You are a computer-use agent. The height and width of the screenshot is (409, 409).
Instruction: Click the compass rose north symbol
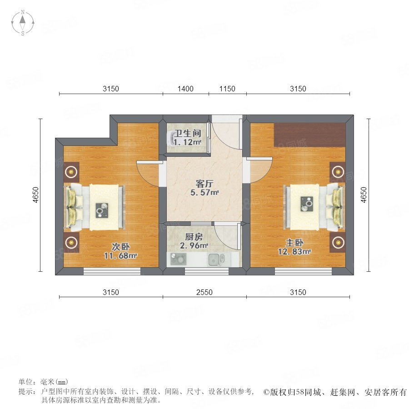[x=23, y=22]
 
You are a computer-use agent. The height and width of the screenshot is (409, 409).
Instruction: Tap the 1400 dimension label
[x=185, y=89]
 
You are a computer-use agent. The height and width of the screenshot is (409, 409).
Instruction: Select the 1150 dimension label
[x=227, y=89]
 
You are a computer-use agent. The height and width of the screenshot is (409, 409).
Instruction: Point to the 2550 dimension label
[x=204, y=292]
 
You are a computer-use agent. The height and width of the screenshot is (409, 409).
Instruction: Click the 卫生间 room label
[x=188, y=133]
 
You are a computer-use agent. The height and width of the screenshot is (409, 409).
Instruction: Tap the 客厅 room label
[x=204, y=184]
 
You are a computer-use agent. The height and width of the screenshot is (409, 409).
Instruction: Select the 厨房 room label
[x=194, y=237]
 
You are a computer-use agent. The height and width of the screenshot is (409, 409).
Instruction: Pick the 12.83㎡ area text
[x=294, y=252]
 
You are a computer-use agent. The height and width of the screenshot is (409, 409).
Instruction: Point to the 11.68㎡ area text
[x=120, y=255]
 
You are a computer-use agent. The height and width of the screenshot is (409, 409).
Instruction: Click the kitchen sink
[x=216, y=259]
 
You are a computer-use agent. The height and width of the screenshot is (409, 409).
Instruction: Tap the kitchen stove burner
[x=178, y=259]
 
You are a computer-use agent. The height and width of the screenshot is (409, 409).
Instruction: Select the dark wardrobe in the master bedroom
[x=309, y=135]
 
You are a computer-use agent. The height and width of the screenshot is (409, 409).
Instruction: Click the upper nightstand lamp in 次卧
[x=71, y=172]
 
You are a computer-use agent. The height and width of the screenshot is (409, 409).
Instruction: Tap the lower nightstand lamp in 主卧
[x=338, y=243]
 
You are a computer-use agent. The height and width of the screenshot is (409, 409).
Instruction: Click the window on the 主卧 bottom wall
[x=303, y=271]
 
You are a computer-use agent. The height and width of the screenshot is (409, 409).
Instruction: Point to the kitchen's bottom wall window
[x=207, y=271]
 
